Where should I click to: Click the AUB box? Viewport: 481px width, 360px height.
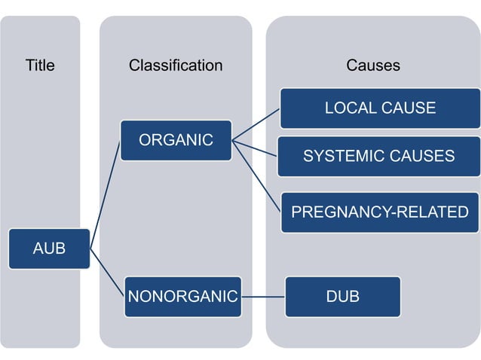tap(49, 249)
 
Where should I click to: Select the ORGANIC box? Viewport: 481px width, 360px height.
tap(176, 140)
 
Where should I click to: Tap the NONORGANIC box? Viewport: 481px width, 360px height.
tap(183, 297)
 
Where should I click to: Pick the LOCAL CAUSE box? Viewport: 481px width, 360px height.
tap(380, 108)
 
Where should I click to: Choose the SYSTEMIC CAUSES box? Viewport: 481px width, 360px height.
tap(378, 157)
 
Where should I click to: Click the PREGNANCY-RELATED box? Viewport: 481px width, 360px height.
tap(380, 212)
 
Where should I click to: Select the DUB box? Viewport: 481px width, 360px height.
tap(342, 297)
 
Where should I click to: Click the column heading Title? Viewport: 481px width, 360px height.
tap(40, 66)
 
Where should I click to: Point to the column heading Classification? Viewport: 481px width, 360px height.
tap(176, 66)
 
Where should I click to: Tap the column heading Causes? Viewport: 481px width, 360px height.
tap(373, 66)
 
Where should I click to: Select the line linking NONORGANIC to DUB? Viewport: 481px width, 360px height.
tap(263, 297)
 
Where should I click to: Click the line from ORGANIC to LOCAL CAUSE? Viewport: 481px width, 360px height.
tap(256, 125)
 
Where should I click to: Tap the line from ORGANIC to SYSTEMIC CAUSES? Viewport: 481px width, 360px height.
tap(255, 148)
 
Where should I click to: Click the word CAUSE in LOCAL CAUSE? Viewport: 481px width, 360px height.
tap(407, 108)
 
